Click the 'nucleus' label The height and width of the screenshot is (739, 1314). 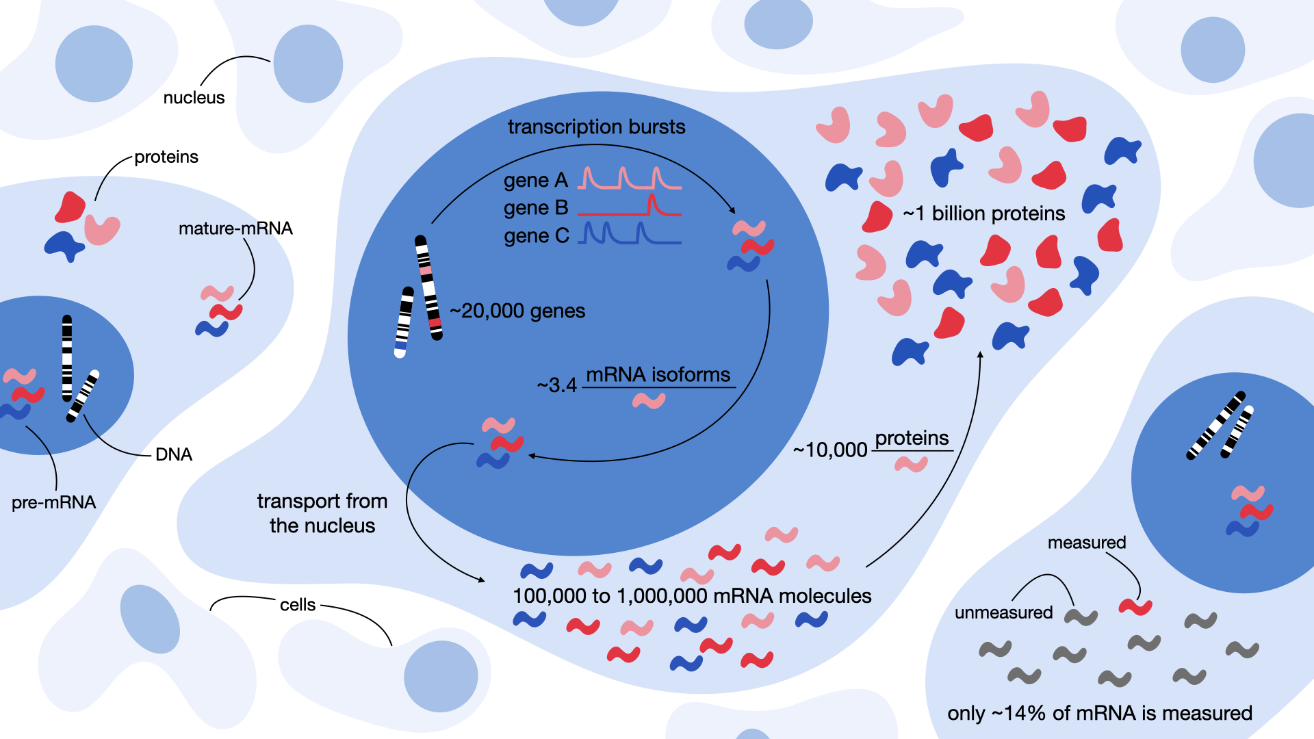point(194,98)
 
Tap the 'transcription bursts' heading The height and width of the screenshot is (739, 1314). point(596,127)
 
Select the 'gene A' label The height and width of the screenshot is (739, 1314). point(536,181)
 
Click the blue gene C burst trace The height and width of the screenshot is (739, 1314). point(630,235)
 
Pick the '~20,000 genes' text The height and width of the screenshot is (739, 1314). point(517,311)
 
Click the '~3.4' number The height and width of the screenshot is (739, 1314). point(557,385)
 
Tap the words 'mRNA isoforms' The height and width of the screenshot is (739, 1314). point(658,375)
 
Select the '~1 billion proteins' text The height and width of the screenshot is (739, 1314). point(984,214)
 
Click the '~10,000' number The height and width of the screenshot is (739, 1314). point(830,450)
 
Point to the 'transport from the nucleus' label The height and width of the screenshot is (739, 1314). point(322,513)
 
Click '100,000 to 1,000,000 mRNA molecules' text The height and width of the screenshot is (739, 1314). point(692,596)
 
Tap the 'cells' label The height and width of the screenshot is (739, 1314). point(298,605)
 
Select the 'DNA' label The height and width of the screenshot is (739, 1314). point(174,455)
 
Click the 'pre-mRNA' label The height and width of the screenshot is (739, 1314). point(54,503)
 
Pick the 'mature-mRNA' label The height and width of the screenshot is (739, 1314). point(235,229)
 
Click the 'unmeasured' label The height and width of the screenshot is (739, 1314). point(1003,613)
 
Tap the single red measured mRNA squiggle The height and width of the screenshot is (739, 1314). point(1135,606)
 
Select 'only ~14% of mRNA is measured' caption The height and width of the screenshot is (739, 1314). point(1100,714)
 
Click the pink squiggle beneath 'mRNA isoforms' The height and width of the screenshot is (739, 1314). point(649,400)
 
